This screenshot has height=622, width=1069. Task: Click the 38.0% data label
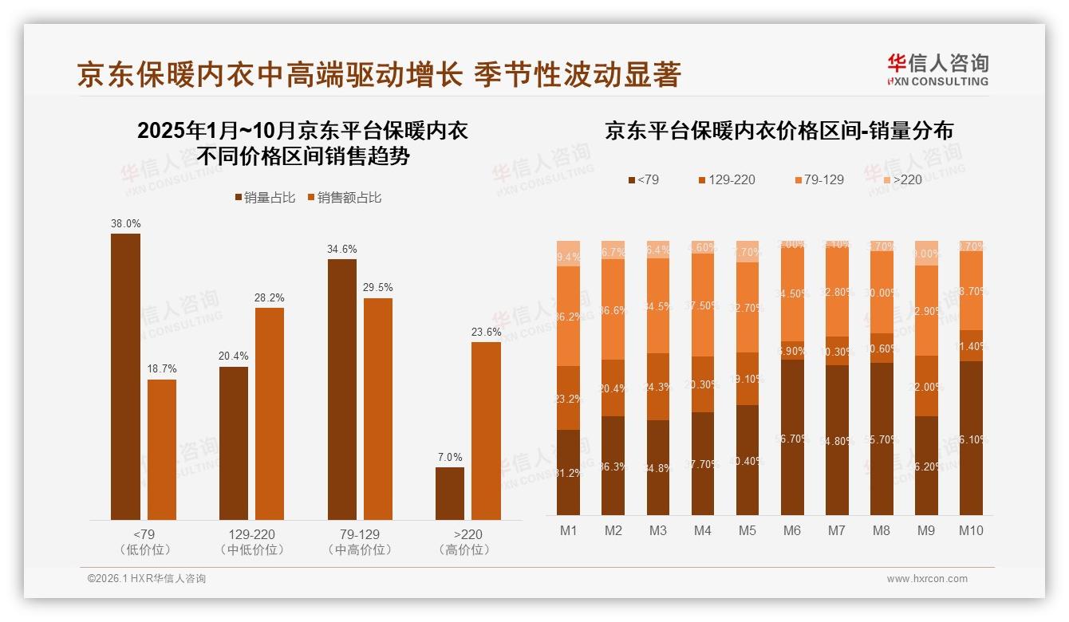tap(125, 224)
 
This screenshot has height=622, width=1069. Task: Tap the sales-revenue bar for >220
tap(486, 431)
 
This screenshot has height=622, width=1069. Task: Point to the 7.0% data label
tap(450, 457)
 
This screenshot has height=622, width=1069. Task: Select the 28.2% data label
tap(270, 297)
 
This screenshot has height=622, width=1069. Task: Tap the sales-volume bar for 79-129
tap(341, 389)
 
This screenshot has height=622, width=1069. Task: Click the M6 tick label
tap(792, 530)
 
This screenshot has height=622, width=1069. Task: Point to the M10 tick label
tap(971, 530)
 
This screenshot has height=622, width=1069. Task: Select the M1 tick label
tap(568, 530)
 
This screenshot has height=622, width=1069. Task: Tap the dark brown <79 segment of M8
tap(882, 439)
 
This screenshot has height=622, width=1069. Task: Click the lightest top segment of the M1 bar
tap(568, 253)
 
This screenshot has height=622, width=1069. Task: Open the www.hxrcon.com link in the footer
tap(927, 579)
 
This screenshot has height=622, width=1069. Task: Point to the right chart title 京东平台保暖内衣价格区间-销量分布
tap(779, 131)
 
